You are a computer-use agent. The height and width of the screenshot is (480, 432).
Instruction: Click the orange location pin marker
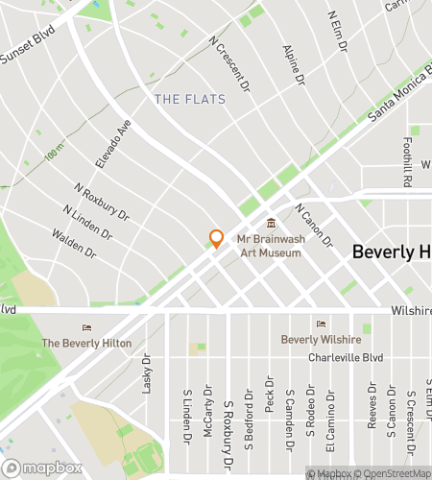click(217, 239)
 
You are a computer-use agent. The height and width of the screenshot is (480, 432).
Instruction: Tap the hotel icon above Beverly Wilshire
click(320, 324)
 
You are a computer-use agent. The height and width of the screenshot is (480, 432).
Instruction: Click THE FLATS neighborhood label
click(190, 99)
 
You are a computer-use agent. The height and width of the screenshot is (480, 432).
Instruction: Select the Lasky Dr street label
click(147, 374)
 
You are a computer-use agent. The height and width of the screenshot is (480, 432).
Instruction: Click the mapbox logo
click(40, 468)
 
